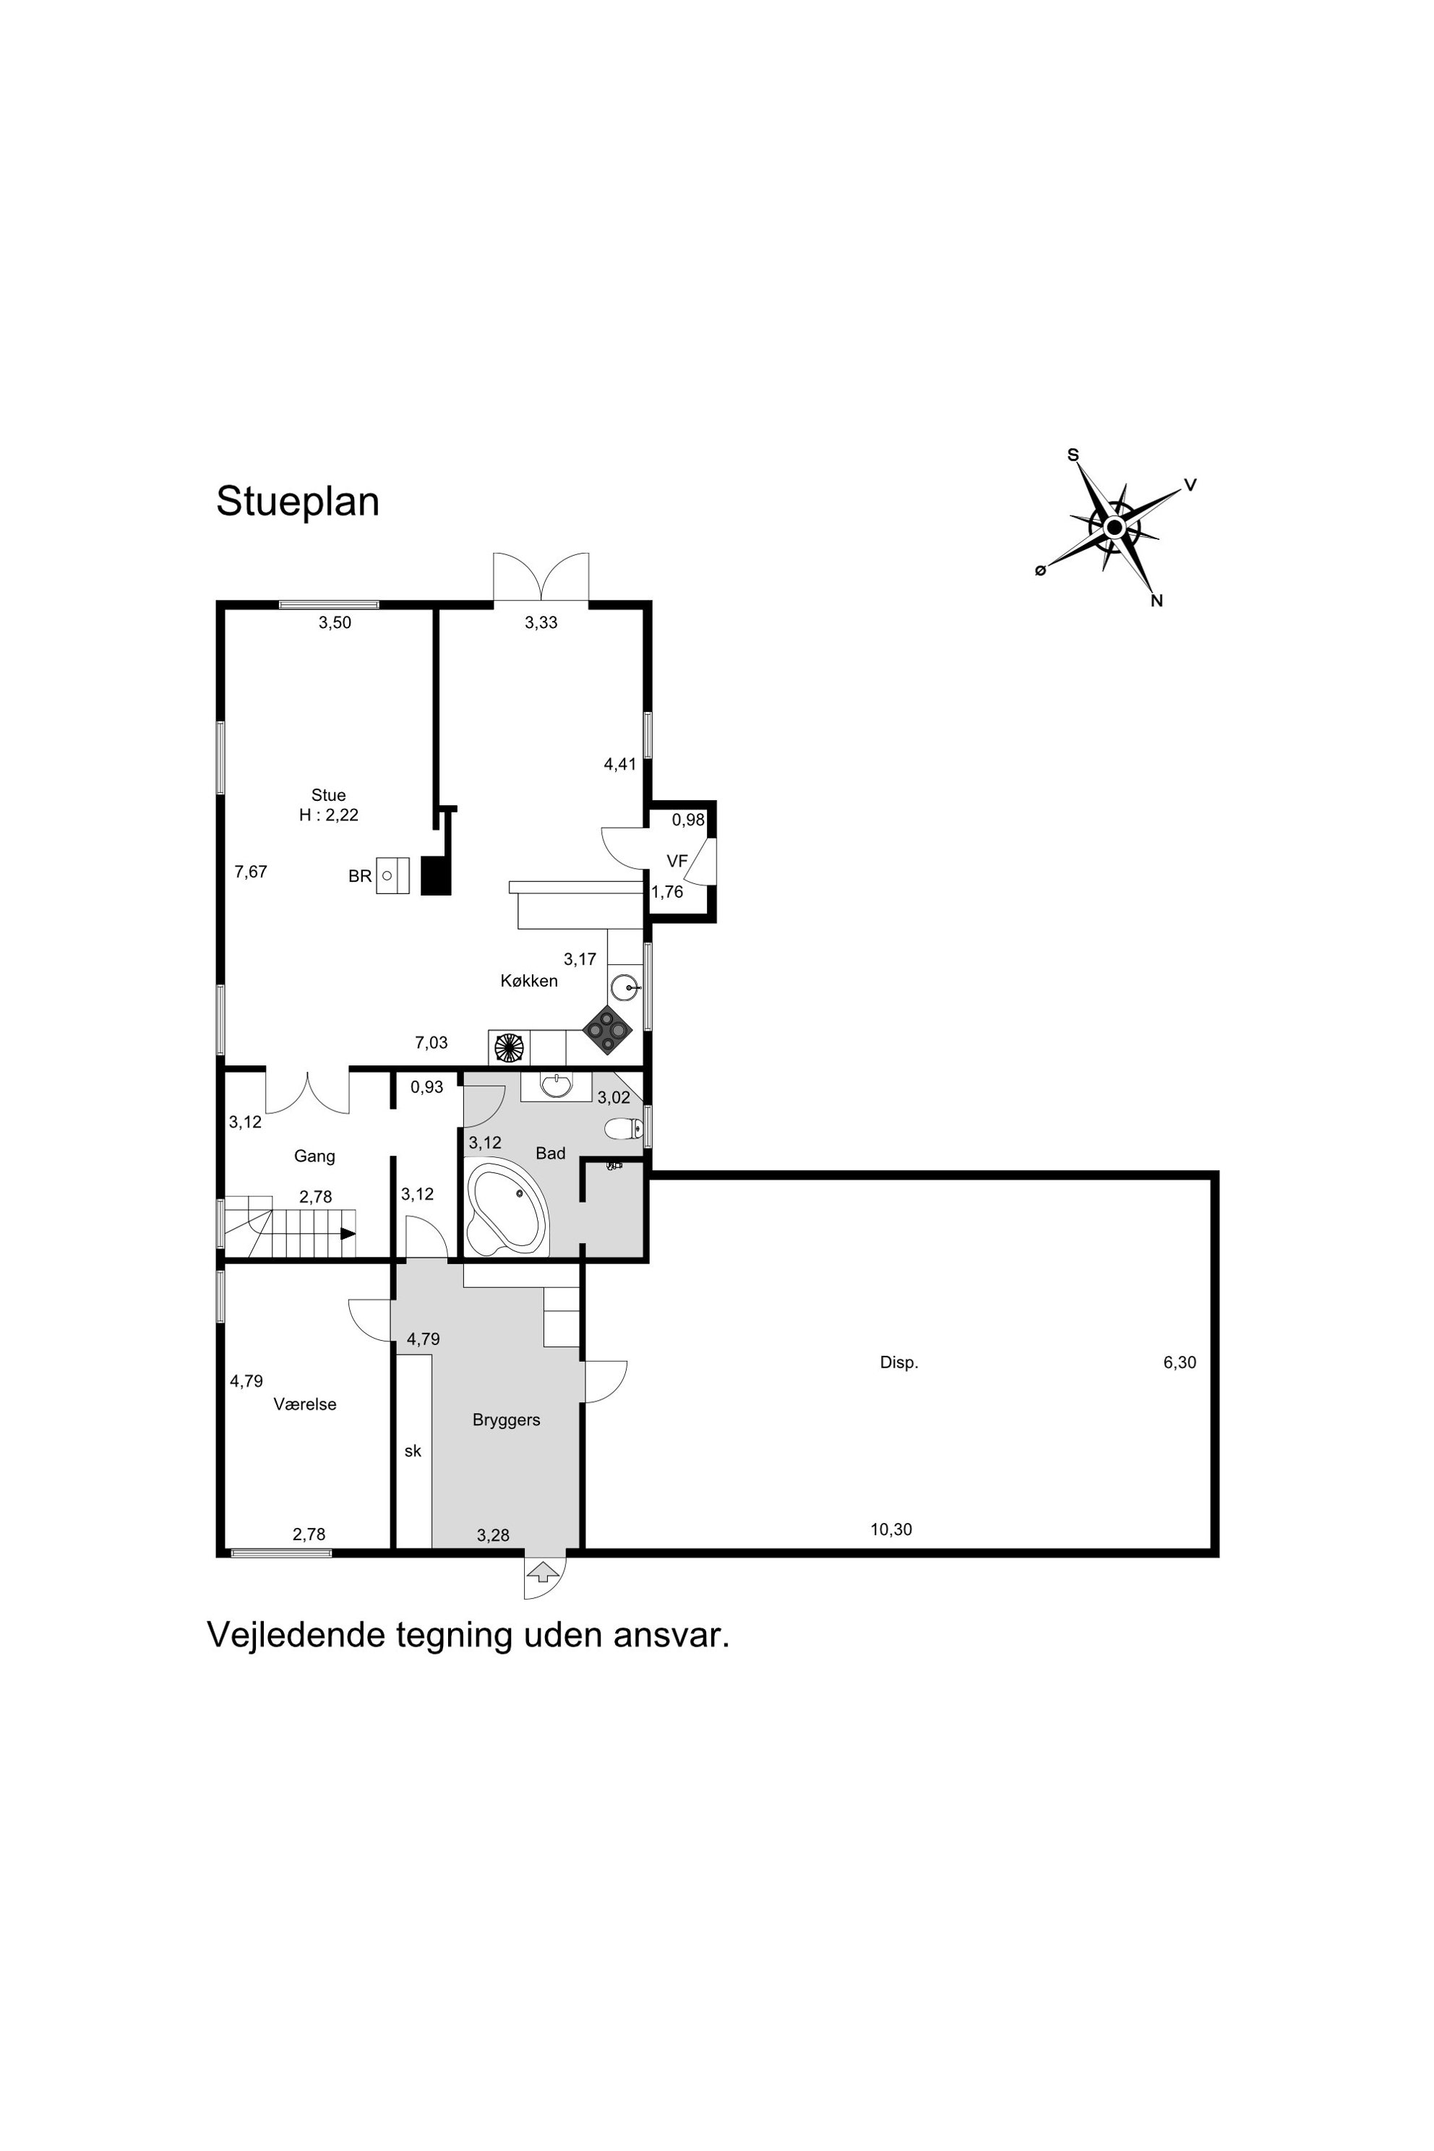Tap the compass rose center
[x=1114, y=528]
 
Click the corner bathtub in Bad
[x=507, y=1206]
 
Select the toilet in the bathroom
[x=624, y=1128]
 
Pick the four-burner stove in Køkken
[x=608, y=1030]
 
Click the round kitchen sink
[x=624, y=988]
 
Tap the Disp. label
[x=899, y=1362]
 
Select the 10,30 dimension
[x=890, y=1529]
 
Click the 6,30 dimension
[x=1180, y=1362]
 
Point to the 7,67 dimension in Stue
[x=251, y=872]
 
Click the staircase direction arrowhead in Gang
[x=348, y=1233]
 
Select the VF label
[x=677, y=861]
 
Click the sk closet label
[x=413, y=1451]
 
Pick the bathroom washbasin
[x=556, y=1086]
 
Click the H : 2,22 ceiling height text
[x=328, y=815]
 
